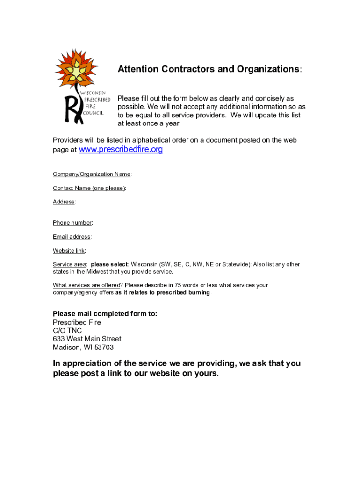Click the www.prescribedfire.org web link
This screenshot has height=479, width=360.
coord(121,150)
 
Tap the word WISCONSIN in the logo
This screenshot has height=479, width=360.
coord(96,93)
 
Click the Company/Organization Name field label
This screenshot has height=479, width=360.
coord(92,174)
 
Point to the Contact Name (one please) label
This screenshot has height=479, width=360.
coord(89,188)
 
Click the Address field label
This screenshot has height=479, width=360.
coord(64,202)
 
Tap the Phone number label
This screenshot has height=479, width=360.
coord(72,223)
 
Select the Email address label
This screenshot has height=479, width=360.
coord(72,237)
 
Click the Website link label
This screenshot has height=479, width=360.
coord(69,251)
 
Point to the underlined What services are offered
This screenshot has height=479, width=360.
coord(86,285)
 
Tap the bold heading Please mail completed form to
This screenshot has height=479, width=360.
coord(105,314)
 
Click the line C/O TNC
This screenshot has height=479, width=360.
coord(67,331)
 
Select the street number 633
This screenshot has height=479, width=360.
coord(58,339)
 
